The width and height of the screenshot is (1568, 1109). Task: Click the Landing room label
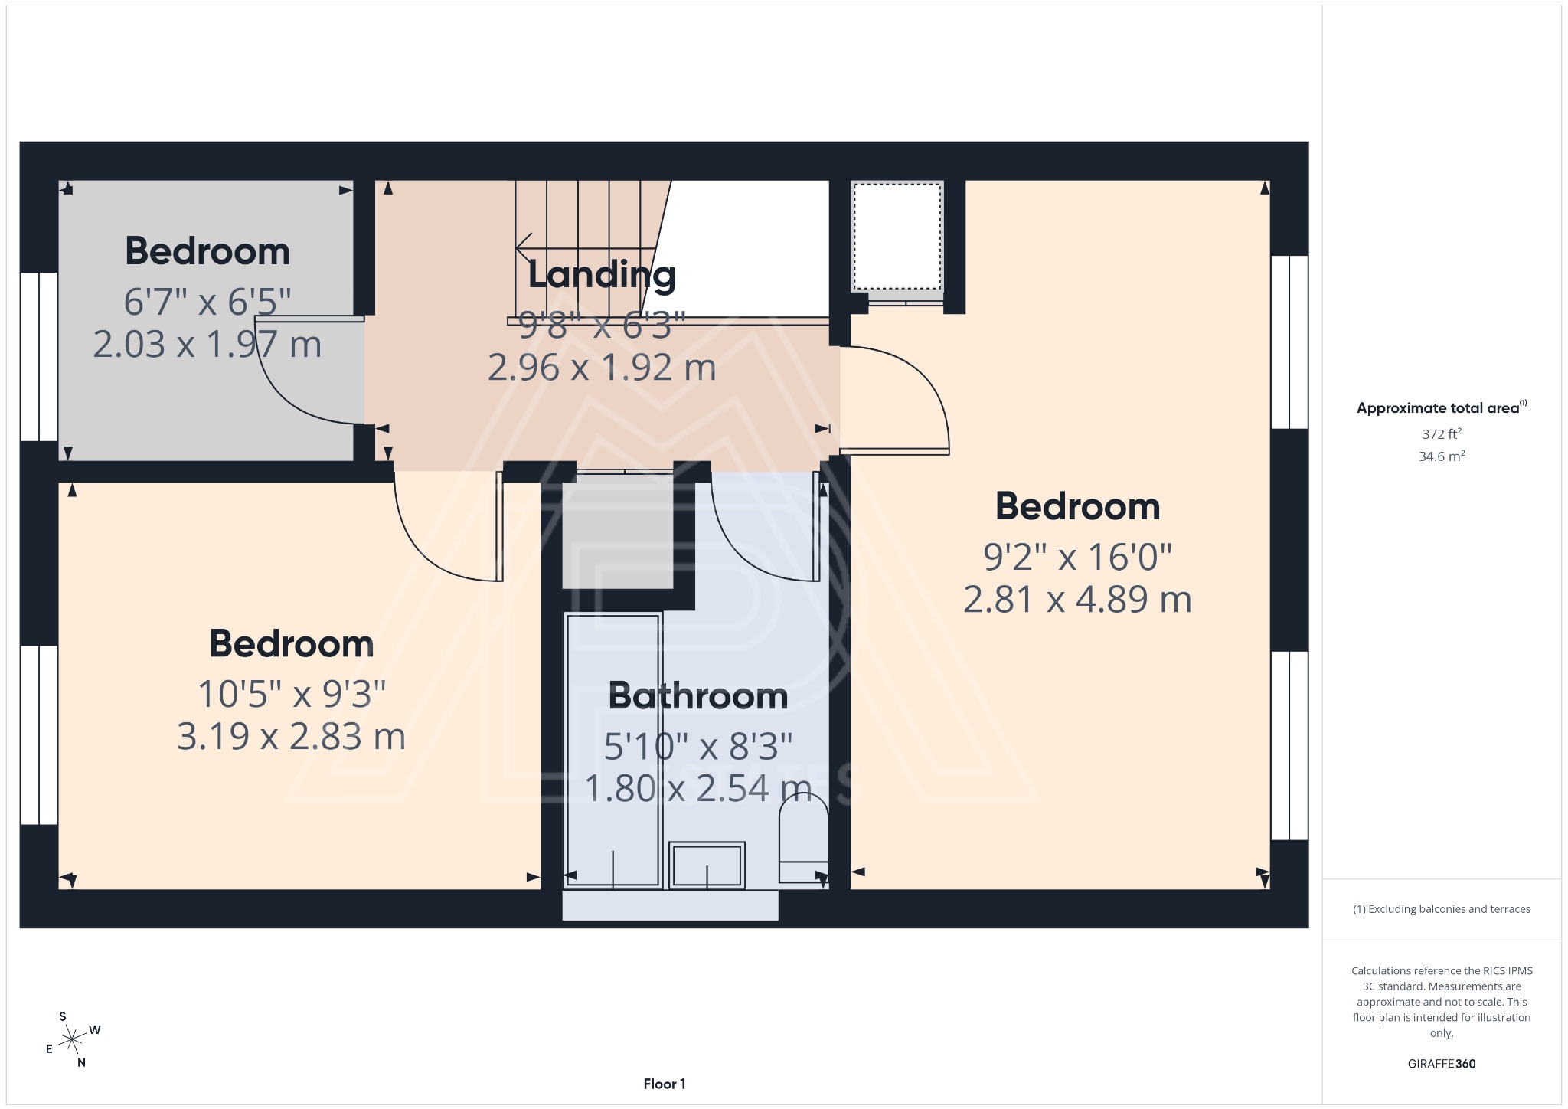[602, 275]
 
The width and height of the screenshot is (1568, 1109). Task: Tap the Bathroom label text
[697, 696]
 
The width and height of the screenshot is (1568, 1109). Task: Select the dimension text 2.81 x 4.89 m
[1077, 600]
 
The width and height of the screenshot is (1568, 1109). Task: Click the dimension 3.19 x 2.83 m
[291, 737]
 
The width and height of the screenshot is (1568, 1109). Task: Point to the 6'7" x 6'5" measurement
[207, 302]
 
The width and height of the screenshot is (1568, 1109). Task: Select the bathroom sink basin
[707, 866]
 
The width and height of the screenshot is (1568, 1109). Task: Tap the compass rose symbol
[72, 1040]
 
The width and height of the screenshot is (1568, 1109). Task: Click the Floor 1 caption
[664, 1084]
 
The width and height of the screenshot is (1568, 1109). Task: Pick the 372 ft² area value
[1441, 434]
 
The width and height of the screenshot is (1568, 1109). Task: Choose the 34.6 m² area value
[1441, 456]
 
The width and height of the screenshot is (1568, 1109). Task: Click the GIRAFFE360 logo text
[1441, 1064]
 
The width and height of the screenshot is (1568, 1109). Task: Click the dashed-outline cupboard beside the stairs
[897, 237]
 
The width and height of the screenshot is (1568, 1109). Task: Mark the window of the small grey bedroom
[38, 357]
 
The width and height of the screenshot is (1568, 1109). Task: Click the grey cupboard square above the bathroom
[617, 532]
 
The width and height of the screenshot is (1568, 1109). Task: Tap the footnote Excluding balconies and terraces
[1441, 909]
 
